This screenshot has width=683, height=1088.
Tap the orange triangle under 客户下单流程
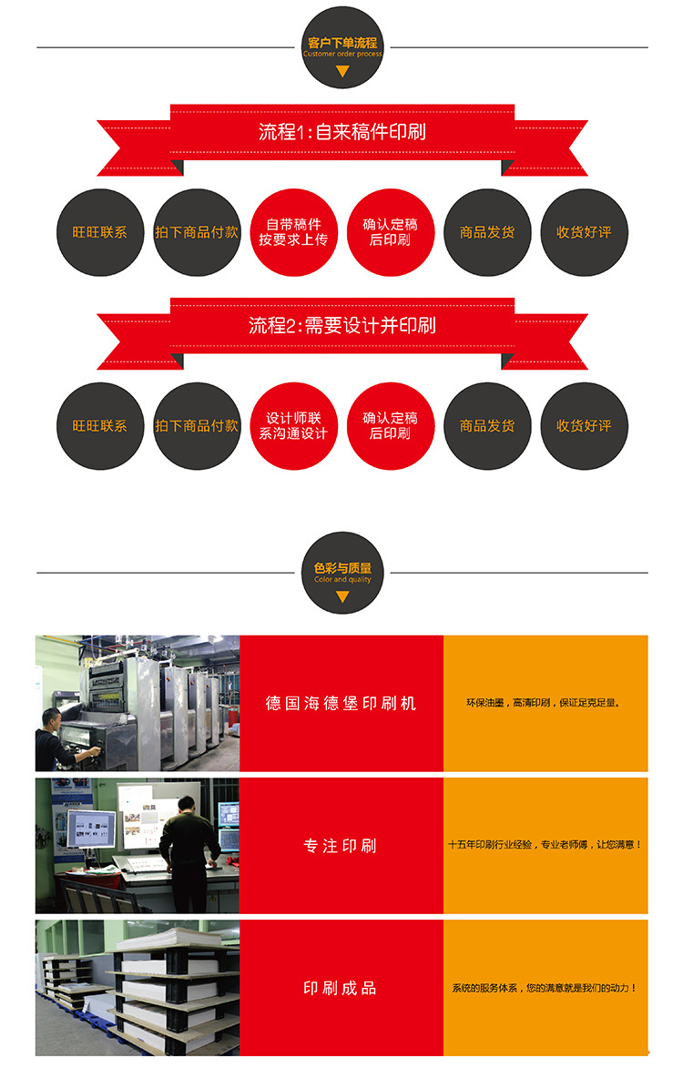tap(342, 70)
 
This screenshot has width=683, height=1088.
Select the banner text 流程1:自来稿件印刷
tap(342, 131)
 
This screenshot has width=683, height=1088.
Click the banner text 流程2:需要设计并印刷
tap(342, 325)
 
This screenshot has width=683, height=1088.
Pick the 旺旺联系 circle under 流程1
tap(100, 232)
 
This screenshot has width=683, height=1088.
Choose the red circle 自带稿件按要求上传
tap(293, 232)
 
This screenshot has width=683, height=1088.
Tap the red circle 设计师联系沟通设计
tap(293, 426)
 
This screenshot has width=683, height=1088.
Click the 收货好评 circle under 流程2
tap(584, 426)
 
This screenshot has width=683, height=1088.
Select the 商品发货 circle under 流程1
tap(487, 232)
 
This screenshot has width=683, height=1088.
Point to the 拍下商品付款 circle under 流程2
tap(197, 426)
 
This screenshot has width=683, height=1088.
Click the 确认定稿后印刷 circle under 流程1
tap(391, 232)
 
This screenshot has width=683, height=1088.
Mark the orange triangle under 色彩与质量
tap(342, 597)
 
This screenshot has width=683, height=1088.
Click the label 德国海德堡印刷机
tap(341, 703)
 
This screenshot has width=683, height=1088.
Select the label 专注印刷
tap(341, 846)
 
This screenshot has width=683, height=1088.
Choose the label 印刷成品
tap(341, 988)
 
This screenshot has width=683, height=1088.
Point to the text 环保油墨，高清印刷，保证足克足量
tap(545, 703)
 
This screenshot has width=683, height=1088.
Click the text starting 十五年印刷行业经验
tap(545, 845)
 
